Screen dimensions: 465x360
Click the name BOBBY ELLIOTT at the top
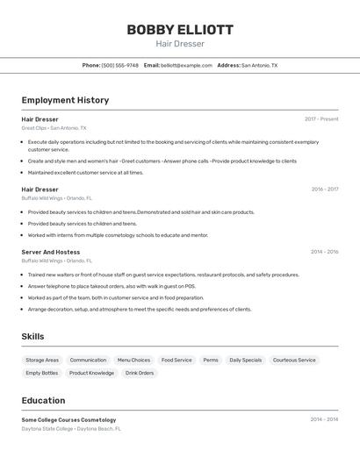[180, 30]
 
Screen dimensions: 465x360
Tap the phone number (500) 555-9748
[120, 65]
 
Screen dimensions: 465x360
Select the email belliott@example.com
[186, 65]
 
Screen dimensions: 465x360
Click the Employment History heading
[65, 100]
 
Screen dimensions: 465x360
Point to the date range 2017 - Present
[321, 119]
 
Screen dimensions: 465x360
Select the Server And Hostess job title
[51, 252]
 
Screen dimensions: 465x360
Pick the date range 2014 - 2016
[324, 252]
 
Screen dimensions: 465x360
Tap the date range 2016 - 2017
[324, 190]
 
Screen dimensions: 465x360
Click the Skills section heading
[32, 337]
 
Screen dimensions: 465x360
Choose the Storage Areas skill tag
[42, 361]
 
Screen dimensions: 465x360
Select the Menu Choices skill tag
[133, 361]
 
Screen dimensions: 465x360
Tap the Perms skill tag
[211, 361]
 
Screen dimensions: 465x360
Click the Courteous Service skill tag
[294, 361]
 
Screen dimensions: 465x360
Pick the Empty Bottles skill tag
[42, 373]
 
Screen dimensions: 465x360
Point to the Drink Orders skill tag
[139, 373]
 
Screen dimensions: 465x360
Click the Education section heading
[44, 400]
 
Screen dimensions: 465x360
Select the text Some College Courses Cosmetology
[68, 420]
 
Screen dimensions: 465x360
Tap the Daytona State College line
[71, 429]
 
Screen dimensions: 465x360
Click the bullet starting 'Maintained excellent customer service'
[85, 173]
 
